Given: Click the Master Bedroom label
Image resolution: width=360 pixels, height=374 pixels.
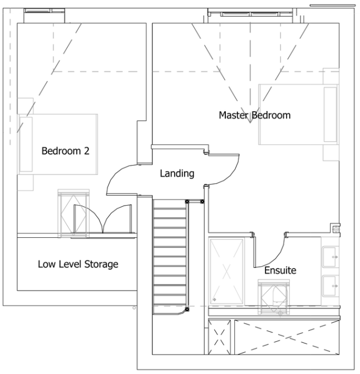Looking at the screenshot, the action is pyautogui.click(x=255, y=115).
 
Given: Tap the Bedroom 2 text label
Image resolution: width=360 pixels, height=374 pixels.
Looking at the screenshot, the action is pyautogui.click(x=66, y=151).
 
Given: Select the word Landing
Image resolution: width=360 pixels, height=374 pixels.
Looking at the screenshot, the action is pyautogui.click(x=177, y=173).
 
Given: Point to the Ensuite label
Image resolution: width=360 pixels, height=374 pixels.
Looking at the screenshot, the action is pyautogui.click(x=280, y=270).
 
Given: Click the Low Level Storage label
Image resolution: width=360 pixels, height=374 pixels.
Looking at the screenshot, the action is pyautogui.click(x=78, y=265).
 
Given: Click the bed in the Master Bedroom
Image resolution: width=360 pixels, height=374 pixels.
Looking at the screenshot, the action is pyautogui.click(x=299, y=114).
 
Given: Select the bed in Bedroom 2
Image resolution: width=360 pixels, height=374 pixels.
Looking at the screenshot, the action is pyautogui.click(x=57, y=144).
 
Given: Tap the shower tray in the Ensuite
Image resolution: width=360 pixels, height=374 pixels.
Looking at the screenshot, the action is pyautogui.click(x=226, y=271).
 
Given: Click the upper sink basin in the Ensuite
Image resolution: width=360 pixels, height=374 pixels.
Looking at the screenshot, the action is pyautogui.click(x=331, y=257).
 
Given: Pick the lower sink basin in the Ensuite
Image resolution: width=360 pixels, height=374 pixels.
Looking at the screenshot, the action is pyautogui.click(x=331, y=286).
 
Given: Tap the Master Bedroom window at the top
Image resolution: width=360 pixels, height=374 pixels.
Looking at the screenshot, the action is pyautogui.click(x=250, y=14).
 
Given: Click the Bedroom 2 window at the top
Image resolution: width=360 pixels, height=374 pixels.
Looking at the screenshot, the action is pyautogui.click(x=44, y=11).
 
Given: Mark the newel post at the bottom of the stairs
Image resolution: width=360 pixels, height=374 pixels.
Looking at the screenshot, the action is pyautogui.click(x=187, y=310).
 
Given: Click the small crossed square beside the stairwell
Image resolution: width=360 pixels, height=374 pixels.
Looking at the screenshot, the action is pyautogui.click(x=220, y=337).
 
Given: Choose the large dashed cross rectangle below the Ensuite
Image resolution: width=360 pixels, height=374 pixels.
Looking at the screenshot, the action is pyautogui.click(x=287, y=337).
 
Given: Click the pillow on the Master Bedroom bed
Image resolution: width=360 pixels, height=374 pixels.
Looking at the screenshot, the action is pyautogui.click(x=331, y=114).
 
